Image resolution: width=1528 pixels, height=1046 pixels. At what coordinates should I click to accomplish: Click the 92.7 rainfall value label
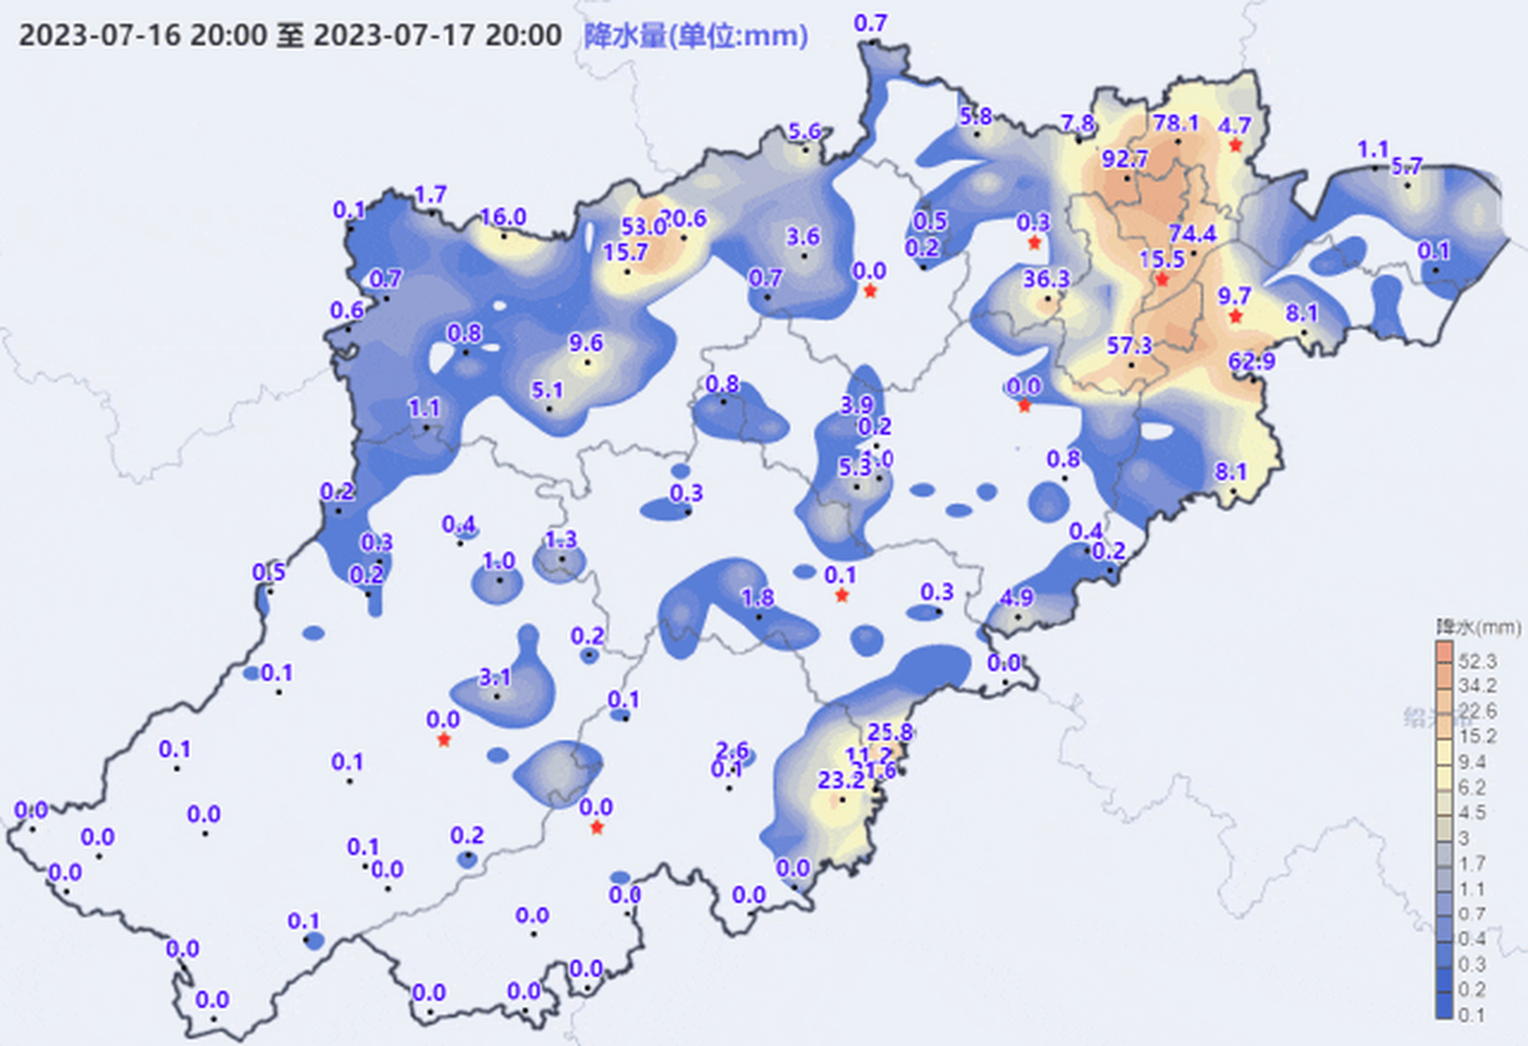[1124, 159]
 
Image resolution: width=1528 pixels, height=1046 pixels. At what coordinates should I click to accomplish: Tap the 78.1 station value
[1176, 123]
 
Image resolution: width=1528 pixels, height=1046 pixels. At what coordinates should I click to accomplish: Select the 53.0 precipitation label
[643, 226]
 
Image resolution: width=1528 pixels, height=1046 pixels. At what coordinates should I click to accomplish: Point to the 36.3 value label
[1046, 279]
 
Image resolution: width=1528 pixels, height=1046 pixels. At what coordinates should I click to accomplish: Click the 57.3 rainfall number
[1129, 346]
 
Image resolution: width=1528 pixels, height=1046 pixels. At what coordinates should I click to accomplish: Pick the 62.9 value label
[1251, 360]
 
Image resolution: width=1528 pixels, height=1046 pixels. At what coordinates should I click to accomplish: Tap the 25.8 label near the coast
[890, 731]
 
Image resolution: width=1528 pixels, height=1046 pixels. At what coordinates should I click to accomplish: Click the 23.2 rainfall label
[841, 780]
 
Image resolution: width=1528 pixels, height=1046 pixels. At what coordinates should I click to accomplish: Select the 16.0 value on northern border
[503, 217]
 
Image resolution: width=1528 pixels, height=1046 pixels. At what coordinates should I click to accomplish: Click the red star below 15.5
[1161, 280]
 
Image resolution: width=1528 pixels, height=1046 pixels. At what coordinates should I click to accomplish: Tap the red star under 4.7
[1235, 145]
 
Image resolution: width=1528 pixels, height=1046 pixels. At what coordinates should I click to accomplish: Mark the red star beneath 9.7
[1235, 316]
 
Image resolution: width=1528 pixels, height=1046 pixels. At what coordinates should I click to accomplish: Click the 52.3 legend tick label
[1477, 660]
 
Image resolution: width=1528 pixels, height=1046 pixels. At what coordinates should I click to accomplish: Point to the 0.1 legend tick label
[1471, 1015]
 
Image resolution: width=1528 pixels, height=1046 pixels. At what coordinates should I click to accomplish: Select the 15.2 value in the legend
[1477, 736]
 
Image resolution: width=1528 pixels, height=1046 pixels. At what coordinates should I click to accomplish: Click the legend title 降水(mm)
[1478, 628]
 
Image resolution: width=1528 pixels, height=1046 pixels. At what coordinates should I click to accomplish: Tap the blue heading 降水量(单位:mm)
[695, 36]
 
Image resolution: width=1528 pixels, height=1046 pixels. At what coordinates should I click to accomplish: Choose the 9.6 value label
[586, 342]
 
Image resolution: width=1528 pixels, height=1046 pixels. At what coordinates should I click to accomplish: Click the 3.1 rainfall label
[494, 677]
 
